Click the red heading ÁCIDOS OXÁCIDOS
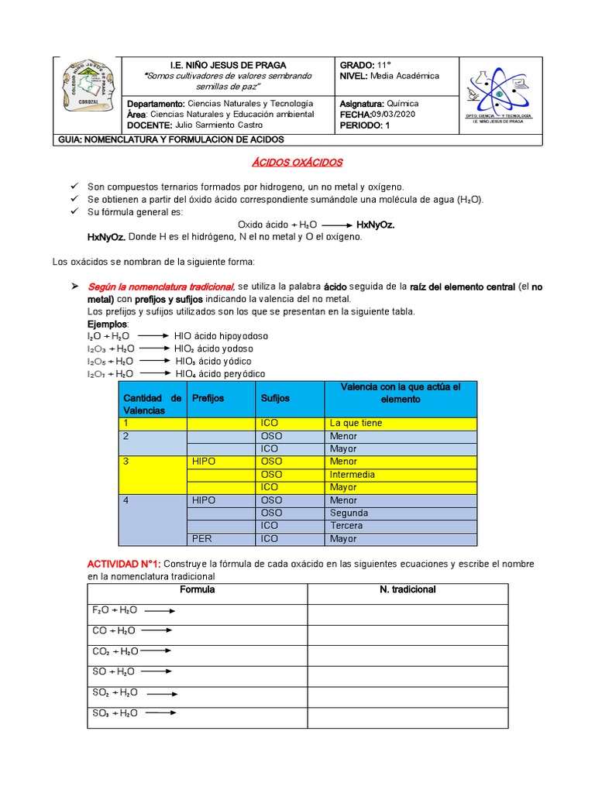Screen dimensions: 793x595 (297, 163)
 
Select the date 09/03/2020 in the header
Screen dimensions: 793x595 (396, 114)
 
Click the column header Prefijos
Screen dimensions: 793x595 (208, 398)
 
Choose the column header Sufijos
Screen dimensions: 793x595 (275, 398)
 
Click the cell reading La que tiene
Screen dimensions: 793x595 (356, 424)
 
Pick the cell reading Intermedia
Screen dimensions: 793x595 (352, 475)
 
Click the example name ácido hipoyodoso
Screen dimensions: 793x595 (232, 336)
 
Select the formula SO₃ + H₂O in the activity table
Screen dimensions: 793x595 (115, 713)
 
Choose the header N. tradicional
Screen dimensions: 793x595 (408, 590)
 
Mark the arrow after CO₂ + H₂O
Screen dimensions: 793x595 (157, 651)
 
